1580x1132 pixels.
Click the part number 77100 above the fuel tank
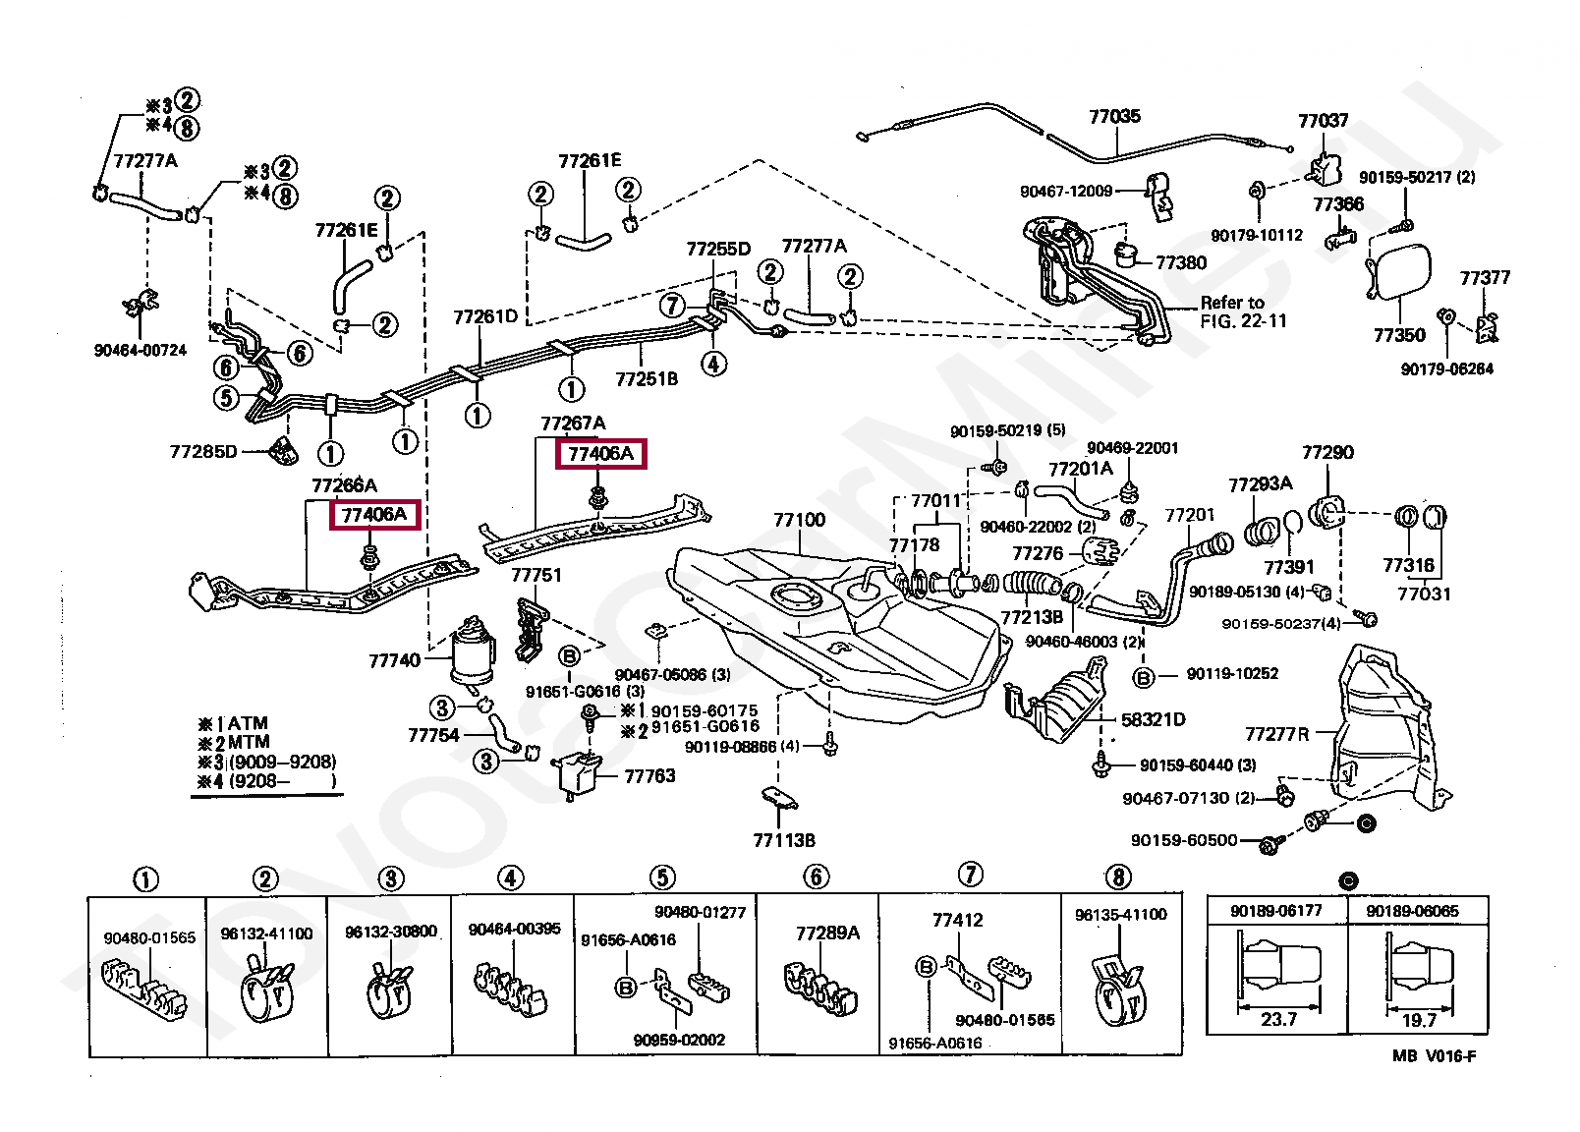point(799,520)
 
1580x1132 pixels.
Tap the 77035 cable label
point(1114,116)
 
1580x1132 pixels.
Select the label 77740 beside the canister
point(394,661)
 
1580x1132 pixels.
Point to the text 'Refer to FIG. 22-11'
point(1244,311)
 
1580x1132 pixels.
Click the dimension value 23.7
point(1278,1020)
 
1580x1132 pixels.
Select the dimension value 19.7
point(1419,1021)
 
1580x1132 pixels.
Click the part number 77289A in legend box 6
point(827,934)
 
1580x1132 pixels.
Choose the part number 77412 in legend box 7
point(957,920)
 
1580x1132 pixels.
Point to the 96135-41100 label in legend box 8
point(1121,915)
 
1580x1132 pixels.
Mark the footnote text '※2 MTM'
point(234,743)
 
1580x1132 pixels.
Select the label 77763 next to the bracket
point(649,776)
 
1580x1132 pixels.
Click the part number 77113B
point(784,841)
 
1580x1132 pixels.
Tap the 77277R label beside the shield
point(1277,734)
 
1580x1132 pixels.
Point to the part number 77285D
point(203,451)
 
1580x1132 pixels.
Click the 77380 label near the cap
point(1181,263)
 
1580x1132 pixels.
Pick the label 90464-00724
point(141,351)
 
